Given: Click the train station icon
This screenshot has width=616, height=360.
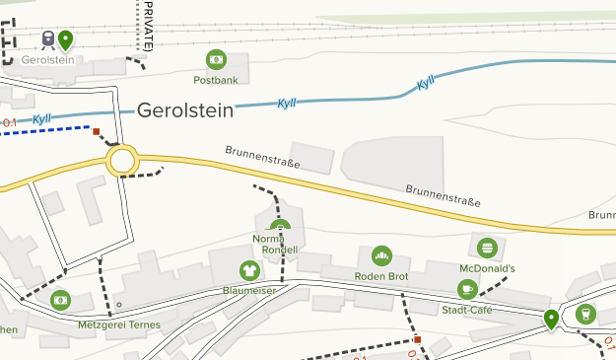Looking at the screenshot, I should click(x=47, y=38).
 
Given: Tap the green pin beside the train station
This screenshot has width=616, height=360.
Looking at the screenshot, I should click(x=65, y=39).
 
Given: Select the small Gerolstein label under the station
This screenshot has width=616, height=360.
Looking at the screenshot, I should click(x=48, y=60).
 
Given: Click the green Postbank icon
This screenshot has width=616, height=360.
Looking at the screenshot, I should click(x=217, y=59).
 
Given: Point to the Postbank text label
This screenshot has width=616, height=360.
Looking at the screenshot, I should click(x=217, y=80).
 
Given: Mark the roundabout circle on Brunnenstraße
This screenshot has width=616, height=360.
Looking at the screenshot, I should click(x=122, y=161).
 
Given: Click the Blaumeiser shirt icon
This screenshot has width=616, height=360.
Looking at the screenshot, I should click(x=249, y=270).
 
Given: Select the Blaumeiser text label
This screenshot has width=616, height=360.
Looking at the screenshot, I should click(x=248, y=291).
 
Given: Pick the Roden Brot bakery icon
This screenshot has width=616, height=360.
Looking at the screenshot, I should click(x=381, y=256).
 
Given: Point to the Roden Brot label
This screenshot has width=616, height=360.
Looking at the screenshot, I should click(x=381, y=276).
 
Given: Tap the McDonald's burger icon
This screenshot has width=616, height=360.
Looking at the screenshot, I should click(x=486, y=247).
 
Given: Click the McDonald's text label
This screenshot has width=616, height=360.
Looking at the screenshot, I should click(x=487, y=267).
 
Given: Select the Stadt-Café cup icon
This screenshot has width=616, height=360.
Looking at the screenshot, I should click(x=467, y=289).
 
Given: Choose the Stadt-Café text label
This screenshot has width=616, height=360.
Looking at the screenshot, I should click(x=467, y=310).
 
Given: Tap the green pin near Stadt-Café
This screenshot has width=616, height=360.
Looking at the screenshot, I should click(x=551, y=318).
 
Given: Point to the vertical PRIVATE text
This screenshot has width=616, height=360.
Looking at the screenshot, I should click(x=147, y=26).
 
